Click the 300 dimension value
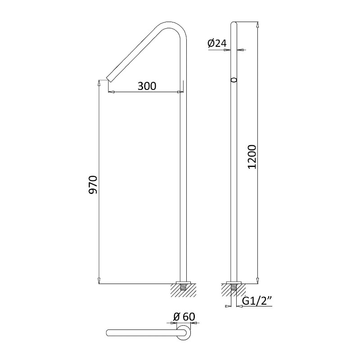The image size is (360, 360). coord(147,86)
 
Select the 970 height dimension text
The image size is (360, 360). coord(94,185)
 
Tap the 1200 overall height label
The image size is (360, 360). coord(252,157)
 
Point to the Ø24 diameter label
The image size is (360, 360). coord(217,43)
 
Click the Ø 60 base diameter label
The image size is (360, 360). coord(184,317)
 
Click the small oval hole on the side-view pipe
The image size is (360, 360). coord(234,80)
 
